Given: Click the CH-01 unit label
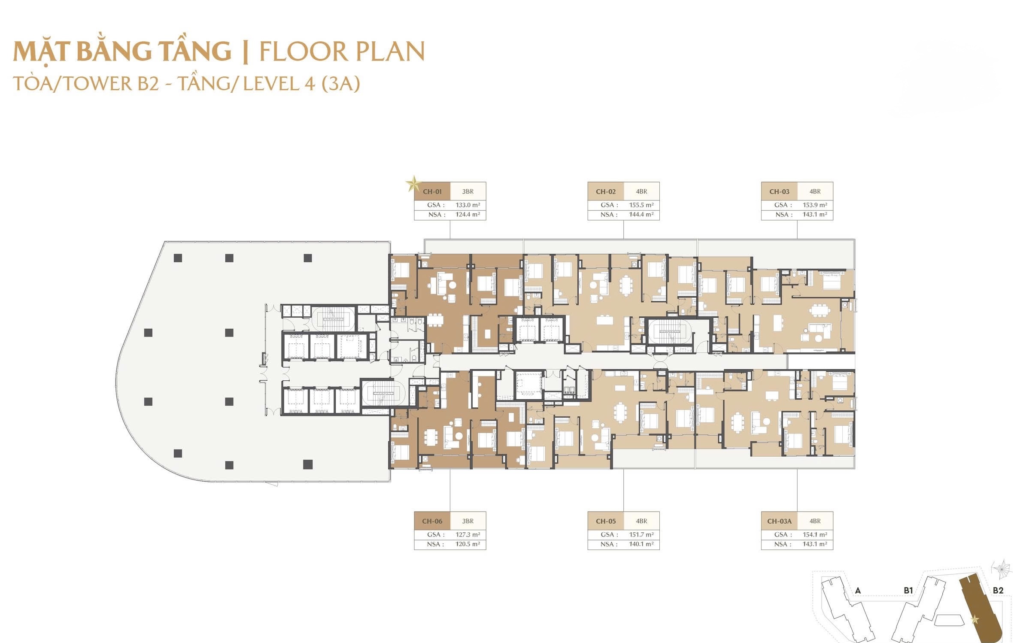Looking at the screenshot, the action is pos(432,191).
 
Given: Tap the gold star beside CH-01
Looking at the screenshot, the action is pos(413,184).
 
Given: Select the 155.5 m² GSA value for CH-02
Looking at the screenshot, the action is pos(641,205).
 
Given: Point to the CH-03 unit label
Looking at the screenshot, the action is pos(779,191).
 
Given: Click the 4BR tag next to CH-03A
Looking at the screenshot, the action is pos(815,521).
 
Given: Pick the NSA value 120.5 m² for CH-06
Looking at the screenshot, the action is pos(467,544).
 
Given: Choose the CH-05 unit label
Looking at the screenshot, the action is pos(606,521).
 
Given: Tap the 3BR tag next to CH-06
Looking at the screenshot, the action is pos(468,521).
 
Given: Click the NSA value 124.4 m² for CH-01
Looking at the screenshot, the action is pos(468,214).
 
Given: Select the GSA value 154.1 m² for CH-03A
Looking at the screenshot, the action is pos(815,534).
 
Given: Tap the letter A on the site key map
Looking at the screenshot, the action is pos(858,591).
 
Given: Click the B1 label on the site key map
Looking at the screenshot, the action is pos(908,591).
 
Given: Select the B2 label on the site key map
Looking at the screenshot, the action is pos(998,591).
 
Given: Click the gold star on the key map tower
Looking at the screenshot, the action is pos(975,619).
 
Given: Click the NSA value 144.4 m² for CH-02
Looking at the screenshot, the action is pos(641,214).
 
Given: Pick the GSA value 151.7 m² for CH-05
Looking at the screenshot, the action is pos(641,534).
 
